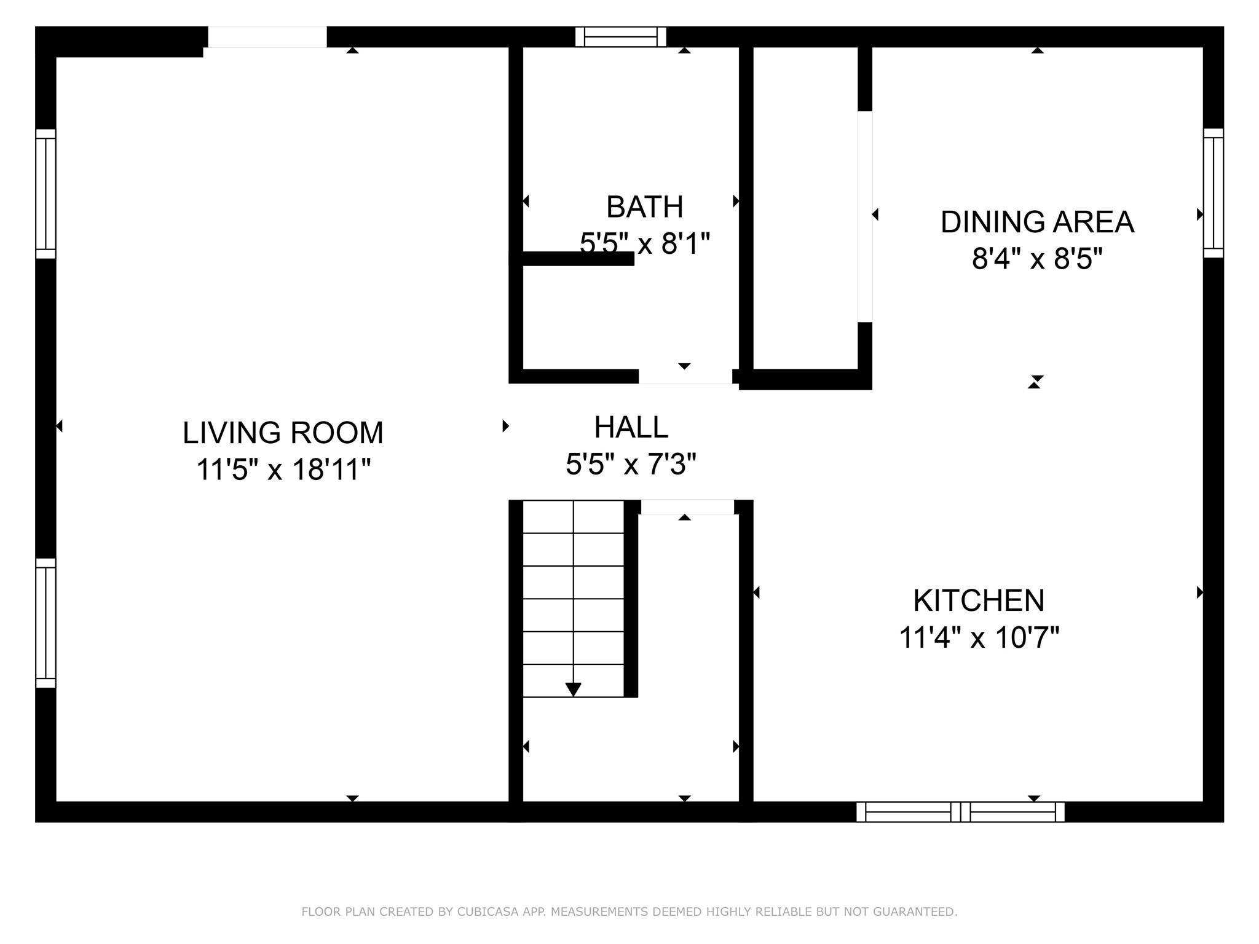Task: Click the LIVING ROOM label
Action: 283,433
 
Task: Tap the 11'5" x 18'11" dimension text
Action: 283,470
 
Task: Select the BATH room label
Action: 645,207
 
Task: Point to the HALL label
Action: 631,427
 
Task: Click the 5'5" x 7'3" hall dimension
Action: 631,464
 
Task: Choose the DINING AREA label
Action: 1037,222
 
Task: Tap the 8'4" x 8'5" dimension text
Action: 1037,259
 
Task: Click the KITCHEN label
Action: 979,600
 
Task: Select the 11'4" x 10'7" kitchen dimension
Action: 979,637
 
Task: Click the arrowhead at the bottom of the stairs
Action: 573,690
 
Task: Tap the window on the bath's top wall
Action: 621,37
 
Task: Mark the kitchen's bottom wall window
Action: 960,812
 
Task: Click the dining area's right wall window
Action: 1214,193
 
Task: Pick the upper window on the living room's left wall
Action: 45,194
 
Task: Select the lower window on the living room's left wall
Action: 45,623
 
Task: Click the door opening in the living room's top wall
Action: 267,37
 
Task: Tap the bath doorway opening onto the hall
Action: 685,376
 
